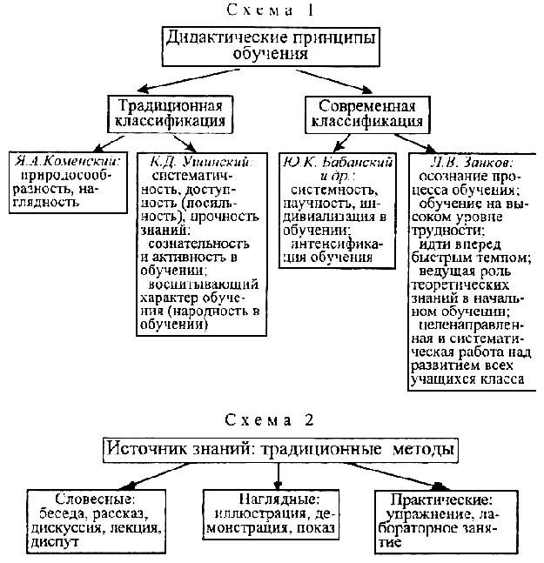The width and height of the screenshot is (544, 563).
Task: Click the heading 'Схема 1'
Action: point(272,11)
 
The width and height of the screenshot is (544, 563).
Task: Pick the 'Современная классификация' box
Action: point(371,113)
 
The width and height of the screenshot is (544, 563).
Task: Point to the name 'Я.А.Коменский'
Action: point(66,162)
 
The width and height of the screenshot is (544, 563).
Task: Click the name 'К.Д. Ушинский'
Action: point(199,162)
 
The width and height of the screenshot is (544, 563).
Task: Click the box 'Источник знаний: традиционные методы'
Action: point(279,451)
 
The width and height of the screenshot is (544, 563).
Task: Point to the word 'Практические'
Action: point(440,499)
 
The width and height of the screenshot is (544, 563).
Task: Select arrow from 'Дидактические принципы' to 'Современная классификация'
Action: point(353,80)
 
